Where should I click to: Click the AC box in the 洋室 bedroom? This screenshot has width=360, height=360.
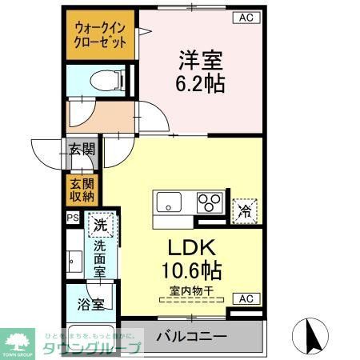[247, 17]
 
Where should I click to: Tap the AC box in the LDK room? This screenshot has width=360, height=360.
[247, 298]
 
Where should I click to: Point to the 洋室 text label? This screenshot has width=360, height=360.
[200, 59]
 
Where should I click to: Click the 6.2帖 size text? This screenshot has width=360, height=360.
[200, 82]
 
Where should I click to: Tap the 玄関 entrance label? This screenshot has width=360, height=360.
[81, 150]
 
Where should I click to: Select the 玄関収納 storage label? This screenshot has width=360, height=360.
[81, 190]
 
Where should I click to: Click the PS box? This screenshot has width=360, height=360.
[72, 217]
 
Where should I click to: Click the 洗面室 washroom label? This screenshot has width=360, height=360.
[101, 259]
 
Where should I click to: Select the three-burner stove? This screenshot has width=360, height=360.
[210, 202]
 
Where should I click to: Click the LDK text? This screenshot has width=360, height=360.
[194, 247]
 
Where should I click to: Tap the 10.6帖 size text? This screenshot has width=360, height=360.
[194, 270]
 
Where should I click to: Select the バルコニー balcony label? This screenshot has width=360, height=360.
[191, 336]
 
